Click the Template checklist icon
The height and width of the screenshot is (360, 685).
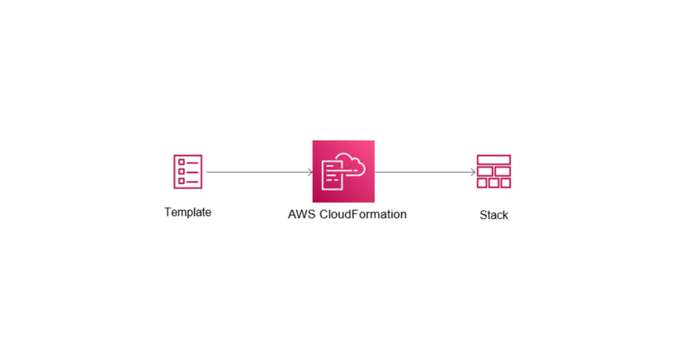(188, 172)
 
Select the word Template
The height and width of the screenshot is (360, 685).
(188, 212)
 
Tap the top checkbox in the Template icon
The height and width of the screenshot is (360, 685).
(181, 162)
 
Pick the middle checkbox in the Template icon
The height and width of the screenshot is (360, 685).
(181, 171)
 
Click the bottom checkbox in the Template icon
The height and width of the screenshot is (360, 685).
(181, 181)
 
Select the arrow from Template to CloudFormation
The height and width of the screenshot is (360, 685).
(258, 172)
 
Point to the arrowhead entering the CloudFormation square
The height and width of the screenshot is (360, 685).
(311, 172)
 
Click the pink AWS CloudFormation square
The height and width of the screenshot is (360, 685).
(344, 171)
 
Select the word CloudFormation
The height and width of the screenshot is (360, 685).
(363, 215)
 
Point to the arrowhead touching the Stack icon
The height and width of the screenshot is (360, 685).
(473, 172)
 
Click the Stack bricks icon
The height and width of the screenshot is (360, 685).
(494, 171)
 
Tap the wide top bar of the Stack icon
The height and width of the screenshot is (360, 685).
(494, 160)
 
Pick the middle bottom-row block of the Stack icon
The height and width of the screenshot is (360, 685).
(494, 183)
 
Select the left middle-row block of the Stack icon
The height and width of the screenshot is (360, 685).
(485, 171)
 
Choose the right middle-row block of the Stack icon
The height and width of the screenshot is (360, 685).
(503, 171)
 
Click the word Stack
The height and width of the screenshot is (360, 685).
(494, 215)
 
